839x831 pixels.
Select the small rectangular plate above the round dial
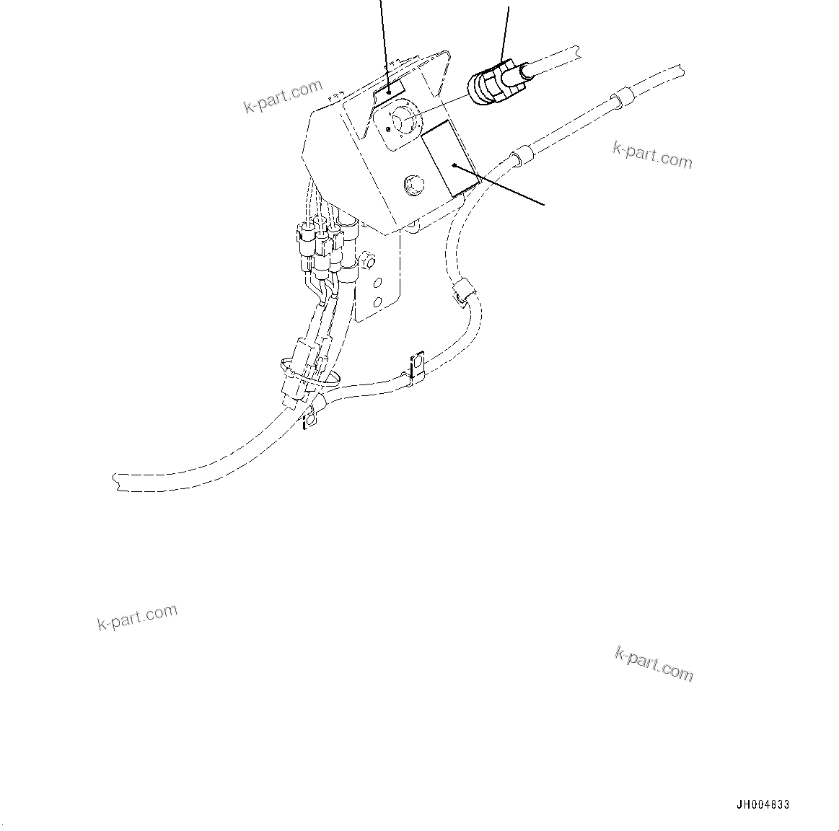(390, 89)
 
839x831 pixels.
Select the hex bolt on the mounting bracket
(366, 257)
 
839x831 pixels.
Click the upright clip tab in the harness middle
(416, 365)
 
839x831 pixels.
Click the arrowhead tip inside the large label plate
(454, 165)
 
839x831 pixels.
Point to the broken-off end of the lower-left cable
(117, 482)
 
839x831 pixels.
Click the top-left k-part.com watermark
(283, 97)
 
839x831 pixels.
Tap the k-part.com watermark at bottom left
(137, 617)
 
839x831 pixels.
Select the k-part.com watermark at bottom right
(654, 664)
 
